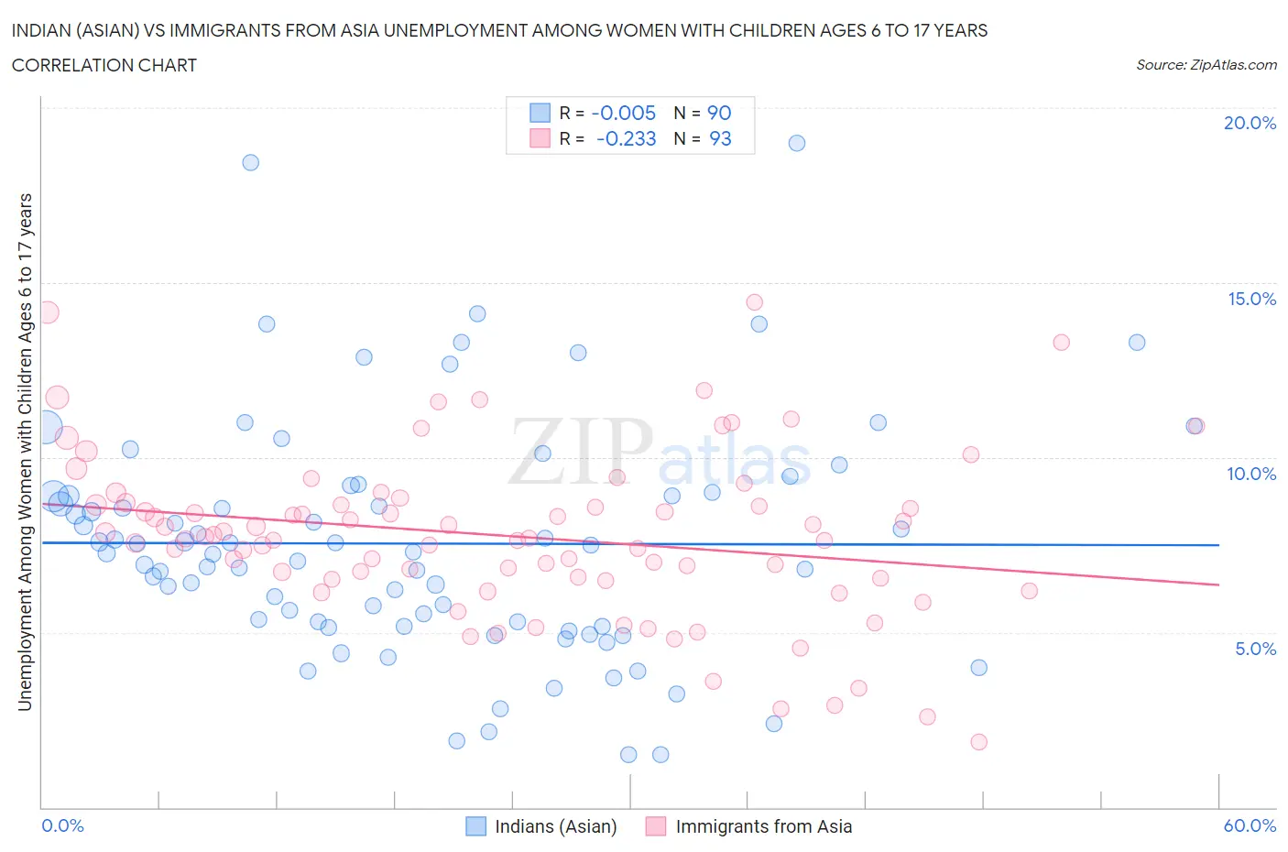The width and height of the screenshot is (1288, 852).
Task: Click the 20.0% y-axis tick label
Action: tap(1250, 123)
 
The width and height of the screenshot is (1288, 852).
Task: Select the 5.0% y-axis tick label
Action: tap(1255, 649)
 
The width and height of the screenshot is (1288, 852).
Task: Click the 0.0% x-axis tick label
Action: tap(63, 825)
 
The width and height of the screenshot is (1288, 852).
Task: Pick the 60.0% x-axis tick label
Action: tap(1250, 825)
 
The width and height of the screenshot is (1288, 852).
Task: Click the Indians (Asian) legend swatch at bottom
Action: tap(475, 826)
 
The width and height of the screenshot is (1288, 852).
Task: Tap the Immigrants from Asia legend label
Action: tap(763, 826)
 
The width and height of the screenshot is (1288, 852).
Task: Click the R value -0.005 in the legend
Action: tap(624, 113)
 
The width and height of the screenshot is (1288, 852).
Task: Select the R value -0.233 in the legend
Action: tap(626, 138)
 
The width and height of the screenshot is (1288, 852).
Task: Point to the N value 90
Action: tap(719, 113)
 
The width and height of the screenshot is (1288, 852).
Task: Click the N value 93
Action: tap(720, 138)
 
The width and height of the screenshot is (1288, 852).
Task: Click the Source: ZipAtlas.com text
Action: tap(1206, 64)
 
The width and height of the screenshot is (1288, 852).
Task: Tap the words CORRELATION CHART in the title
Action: tap(104, 65)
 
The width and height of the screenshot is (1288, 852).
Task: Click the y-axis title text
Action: tap(25, 452)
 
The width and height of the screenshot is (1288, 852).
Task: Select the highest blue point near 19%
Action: tap(797, 143)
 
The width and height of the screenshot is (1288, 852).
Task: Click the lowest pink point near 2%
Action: tap(978, 742)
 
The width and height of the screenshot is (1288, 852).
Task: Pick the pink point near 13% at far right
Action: tap(1061, 343)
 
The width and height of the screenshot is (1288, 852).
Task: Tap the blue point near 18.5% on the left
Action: tap(250, 162)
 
